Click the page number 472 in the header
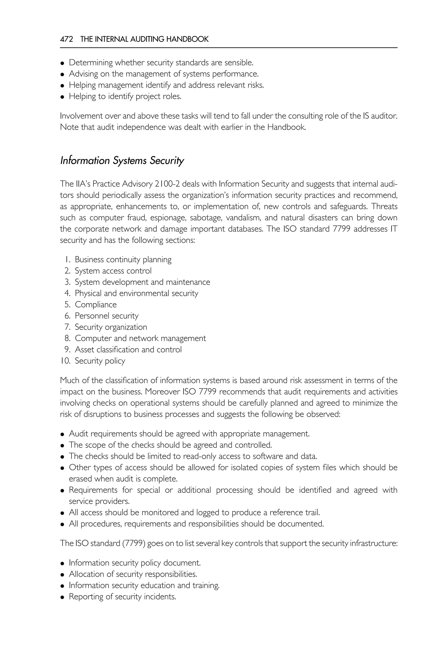click(66, 39)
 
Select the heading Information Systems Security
click(122, 161)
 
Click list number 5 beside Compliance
click(67, 304)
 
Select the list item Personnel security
click(107, 316)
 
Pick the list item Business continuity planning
click(123, 260)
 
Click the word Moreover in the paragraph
click(163, 392)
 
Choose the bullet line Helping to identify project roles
click(125, 96)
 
